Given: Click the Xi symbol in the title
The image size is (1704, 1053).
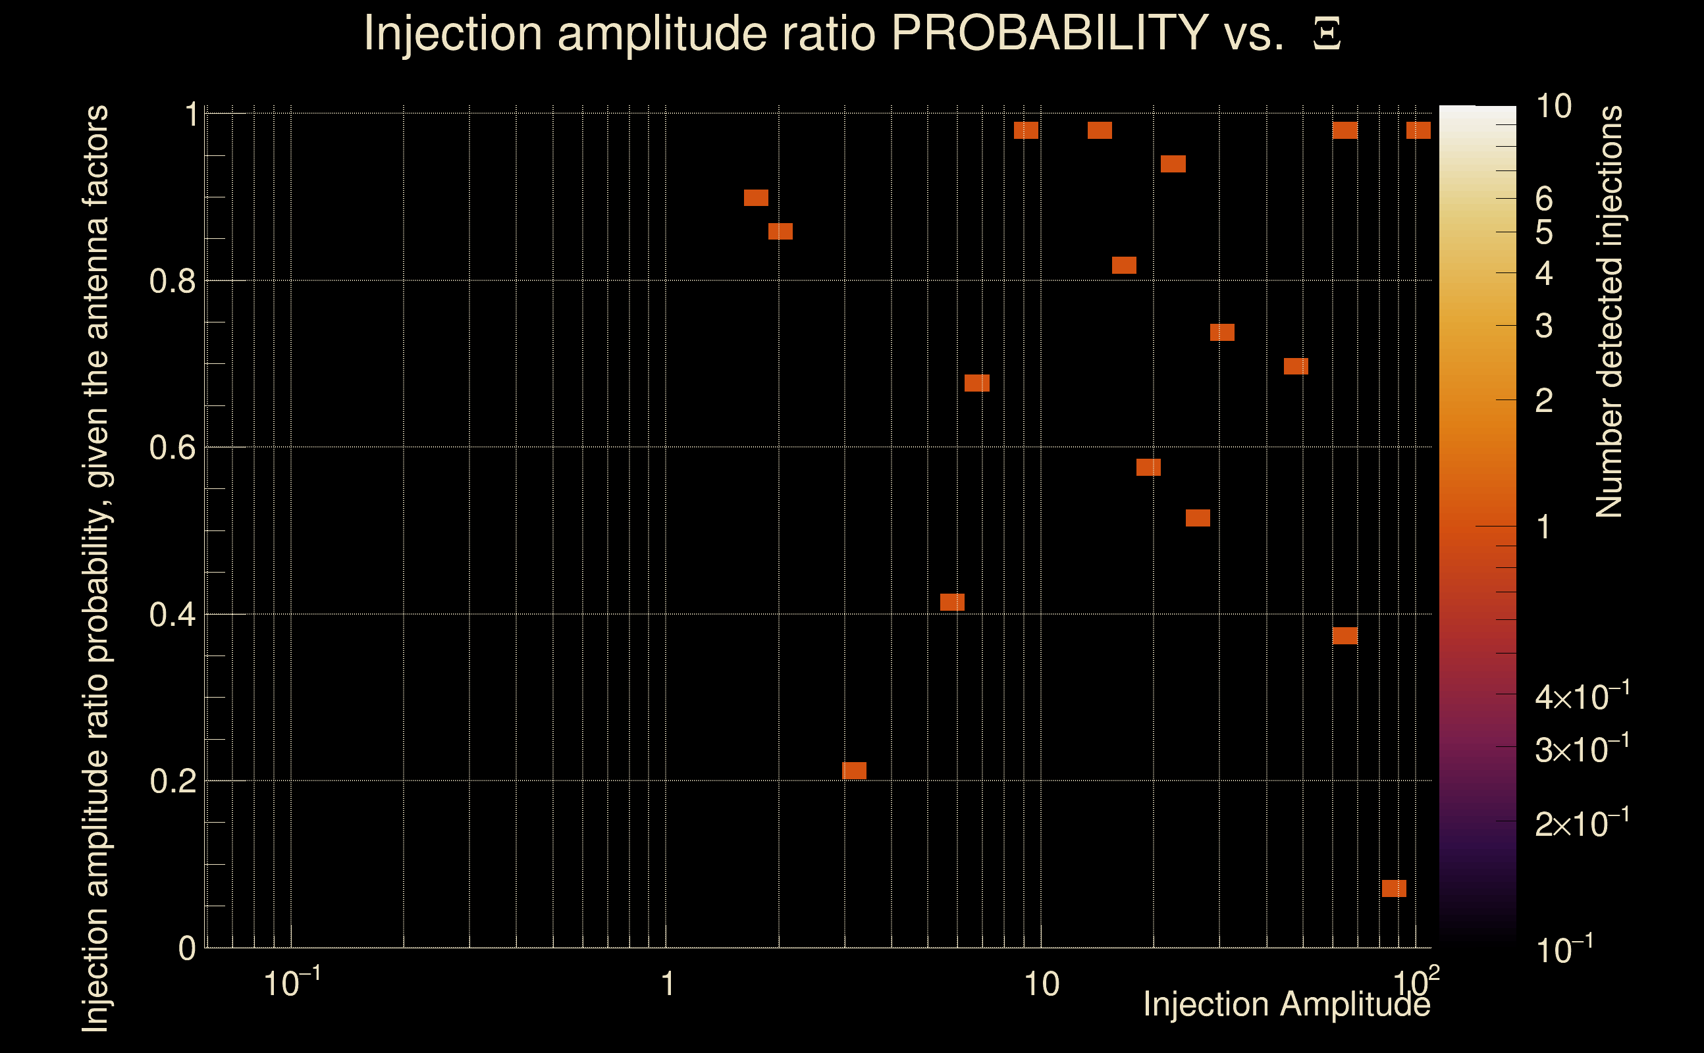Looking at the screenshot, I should pyautogui.click(x=1327, y=34).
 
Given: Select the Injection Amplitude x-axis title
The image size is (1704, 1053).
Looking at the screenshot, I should pyautogui.click(x=1287, y=1004).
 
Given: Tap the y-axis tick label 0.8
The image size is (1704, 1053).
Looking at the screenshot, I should pyautogui.click(x=172, y=282).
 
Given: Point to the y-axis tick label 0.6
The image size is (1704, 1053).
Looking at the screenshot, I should pyautogui.click(x=172, y=447).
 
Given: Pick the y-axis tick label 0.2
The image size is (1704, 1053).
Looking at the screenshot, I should pyautogui.click(x=172, y=781).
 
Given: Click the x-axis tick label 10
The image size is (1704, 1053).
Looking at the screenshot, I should pyautogui.click(x=1041, y=985).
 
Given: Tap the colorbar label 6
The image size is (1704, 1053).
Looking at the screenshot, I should pyautogui.click(x=1544, y=199).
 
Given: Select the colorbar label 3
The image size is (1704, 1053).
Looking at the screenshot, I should pyautogui.click(x=1544, y=326).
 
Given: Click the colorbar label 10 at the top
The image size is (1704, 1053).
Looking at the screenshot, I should pyautogui.click(x=1553, y=107).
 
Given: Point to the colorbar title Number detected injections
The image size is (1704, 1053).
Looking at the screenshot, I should pyautogui.click(x=1609, y=311).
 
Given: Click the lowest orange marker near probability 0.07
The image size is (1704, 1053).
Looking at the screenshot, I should pyautogui.click(x=1394, y=888).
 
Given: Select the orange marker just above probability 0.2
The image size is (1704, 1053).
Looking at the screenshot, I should pyautogui.click(x=854, y=770).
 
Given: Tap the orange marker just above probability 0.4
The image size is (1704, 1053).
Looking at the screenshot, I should pyautogui.click(x=952, y=602).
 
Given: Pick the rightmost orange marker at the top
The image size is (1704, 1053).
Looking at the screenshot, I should pyautogui.click(x=1418, y=130).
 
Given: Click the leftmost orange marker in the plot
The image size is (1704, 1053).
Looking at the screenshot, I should pyautogui.click(x=756, y=198).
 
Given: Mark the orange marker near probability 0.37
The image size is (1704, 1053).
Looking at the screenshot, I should pyautogui.click(x=1345, y=635).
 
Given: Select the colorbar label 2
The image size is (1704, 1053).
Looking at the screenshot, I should pyautogui.click(x=1544, y=401).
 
